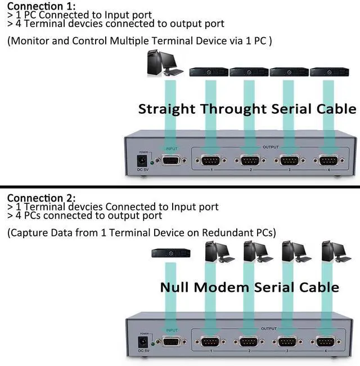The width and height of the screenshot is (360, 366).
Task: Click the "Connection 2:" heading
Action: point(40,198)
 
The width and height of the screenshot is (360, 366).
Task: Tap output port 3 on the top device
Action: point(289,161)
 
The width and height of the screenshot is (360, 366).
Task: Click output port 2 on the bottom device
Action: point(249,343)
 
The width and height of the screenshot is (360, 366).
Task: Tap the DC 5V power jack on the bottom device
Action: point(143,342)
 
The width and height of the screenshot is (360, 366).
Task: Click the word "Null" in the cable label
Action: point(175,287)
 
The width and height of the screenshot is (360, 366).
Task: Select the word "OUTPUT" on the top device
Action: point(271,147)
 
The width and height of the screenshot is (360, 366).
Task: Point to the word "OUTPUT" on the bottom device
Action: point(269,329)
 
